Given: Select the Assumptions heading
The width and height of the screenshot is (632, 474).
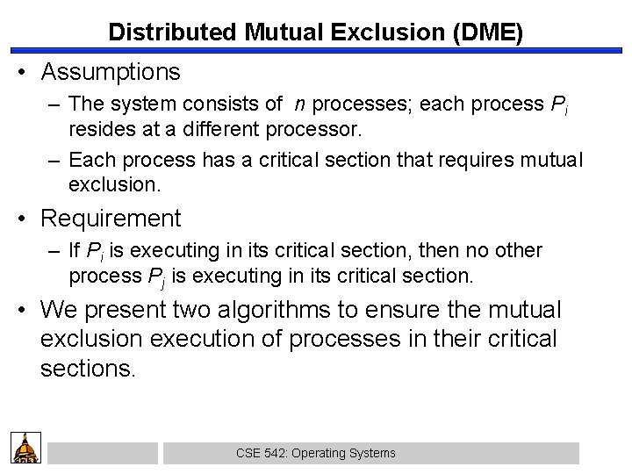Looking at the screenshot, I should coord(110,70).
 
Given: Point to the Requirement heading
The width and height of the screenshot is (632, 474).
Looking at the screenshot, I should coord(111,217).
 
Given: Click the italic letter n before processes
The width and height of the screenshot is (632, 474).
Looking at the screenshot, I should coord(300,104).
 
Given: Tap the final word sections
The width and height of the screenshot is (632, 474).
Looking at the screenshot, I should coord(86,367).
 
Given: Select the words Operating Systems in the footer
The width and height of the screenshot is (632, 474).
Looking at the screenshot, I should coord(343,453).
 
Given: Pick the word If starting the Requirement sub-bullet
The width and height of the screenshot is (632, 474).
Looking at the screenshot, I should coord(76,251).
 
